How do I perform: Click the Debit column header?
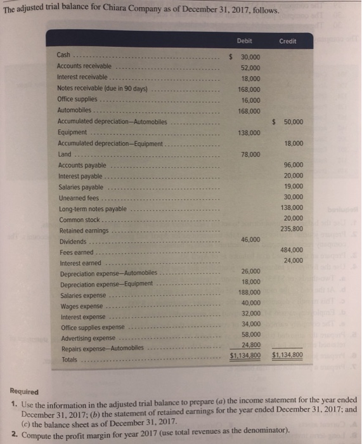[244, 41]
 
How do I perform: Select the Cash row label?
[65, 55]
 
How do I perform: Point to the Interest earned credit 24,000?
[293, 261]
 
